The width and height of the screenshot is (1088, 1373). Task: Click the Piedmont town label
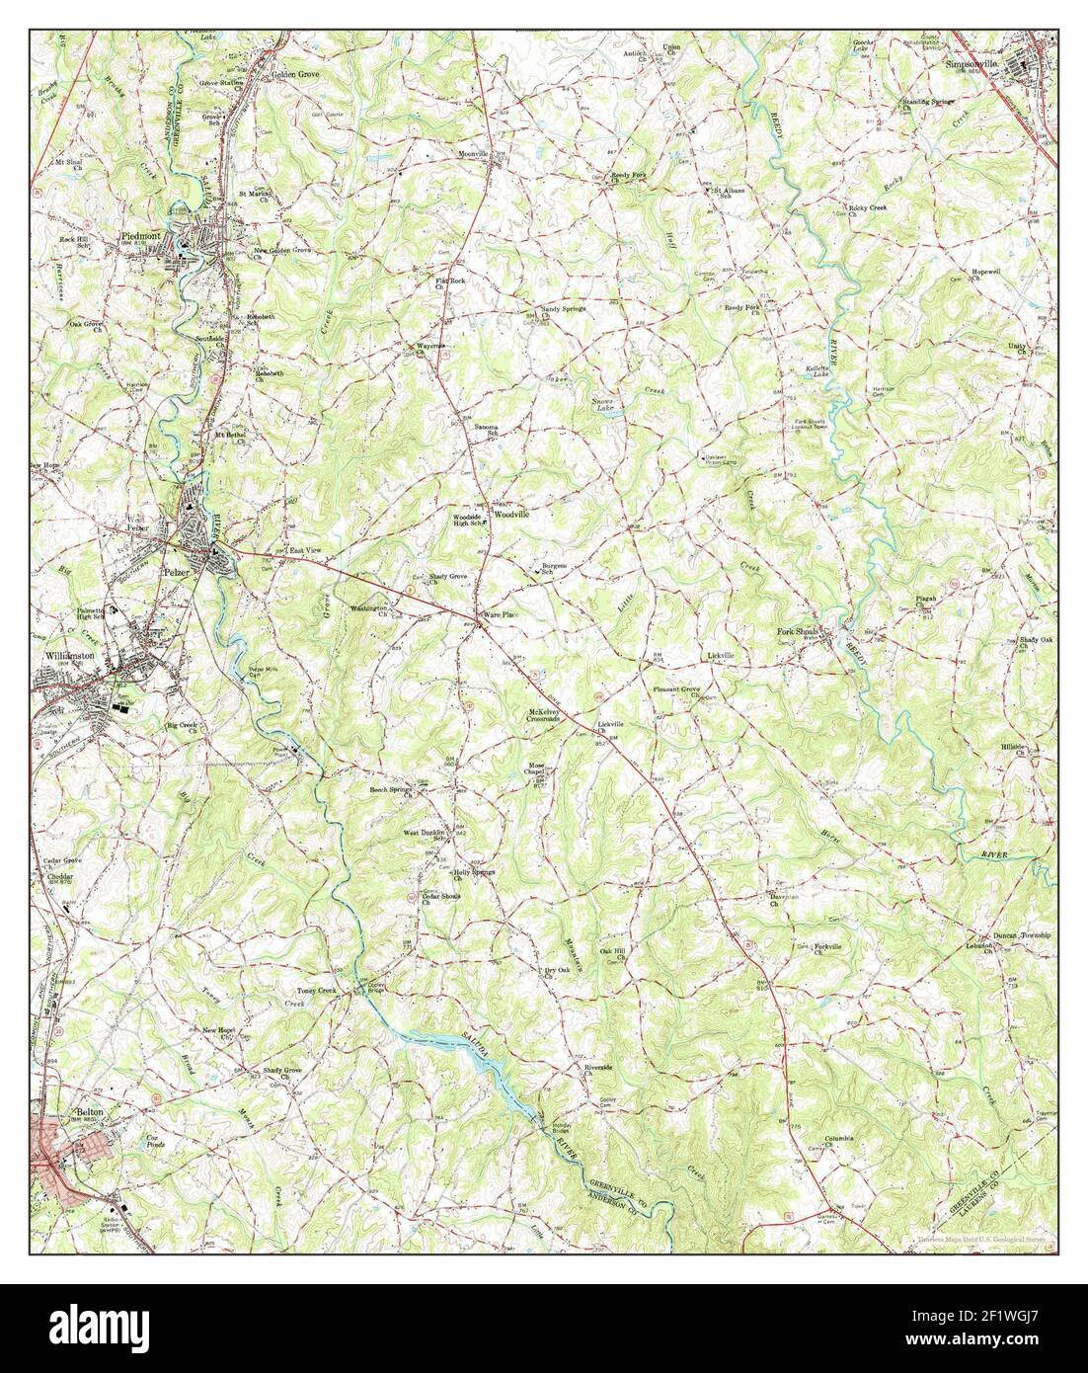pyautogui.click(x=141, y=237)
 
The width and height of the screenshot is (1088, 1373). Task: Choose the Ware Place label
pyautogui.click(x=499, y=615)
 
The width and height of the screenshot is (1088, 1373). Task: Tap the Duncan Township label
pyautogui.click(x=1023, y=934)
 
